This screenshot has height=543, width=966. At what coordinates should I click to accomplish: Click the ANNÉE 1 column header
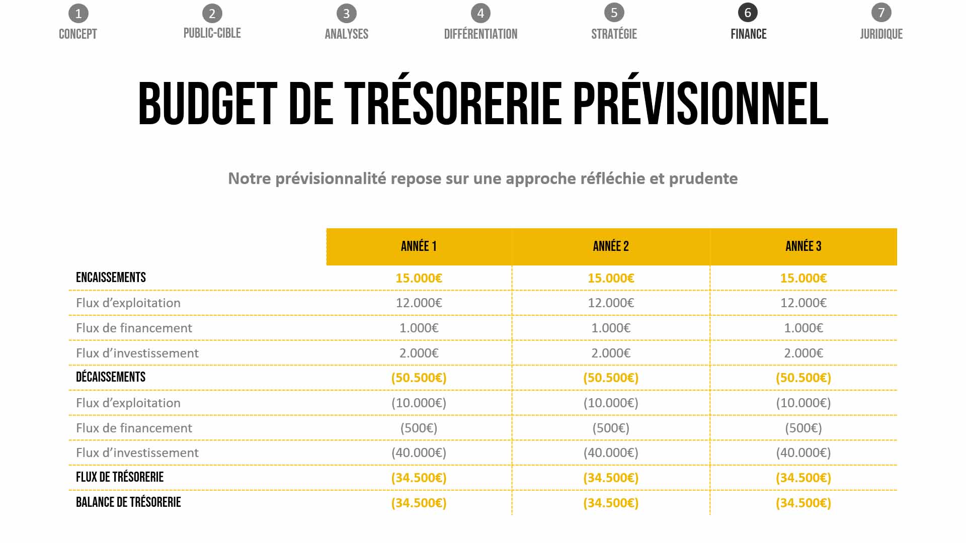pos(419,246)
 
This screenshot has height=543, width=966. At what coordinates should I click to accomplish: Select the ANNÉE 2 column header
pos(611,246)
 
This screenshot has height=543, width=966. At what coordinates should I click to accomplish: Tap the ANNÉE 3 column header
pos(803,246)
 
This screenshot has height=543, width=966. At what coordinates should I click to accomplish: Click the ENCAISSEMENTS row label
pos(111,278)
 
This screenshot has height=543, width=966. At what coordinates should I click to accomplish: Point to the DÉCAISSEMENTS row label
pos(111,377)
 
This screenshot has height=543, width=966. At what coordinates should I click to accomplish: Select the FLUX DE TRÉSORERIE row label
pos(120,477)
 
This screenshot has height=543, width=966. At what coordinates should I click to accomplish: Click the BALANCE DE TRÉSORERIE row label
pos(128,502)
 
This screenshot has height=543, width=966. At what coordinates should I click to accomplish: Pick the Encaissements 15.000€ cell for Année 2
pos(611,278)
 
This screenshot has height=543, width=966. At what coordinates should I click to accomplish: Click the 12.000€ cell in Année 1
pos(419,303)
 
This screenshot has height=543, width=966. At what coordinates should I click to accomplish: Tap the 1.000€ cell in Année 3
pos(803,328)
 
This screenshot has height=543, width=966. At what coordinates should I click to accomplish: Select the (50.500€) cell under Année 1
pos(419,378)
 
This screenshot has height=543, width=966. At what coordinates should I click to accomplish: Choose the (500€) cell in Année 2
pos(611,428)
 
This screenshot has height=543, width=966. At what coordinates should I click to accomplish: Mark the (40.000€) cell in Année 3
pos(803,452)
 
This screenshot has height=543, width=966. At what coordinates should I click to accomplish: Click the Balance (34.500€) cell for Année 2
pos(611,503)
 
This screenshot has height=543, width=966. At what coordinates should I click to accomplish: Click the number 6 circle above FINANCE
pos(748,13)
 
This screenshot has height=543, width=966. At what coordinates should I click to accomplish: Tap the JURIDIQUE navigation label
pos(881,34)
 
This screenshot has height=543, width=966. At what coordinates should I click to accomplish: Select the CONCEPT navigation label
pos(78,34)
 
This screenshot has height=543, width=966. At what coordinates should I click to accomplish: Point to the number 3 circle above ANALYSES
pos(346,14)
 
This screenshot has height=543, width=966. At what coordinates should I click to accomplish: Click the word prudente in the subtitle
pos(703,178)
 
